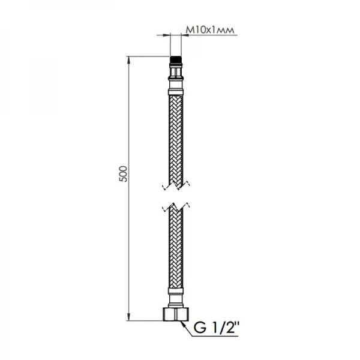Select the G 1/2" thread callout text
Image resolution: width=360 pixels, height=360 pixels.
[215, 329]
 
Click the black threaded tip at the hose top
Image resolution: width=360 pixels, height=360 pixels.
[175, 61]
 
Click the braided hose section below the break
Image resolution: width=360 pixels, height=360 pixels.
[175, 252]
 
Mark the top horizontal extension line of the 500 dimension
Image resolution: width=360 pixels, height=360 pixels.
[147, 57]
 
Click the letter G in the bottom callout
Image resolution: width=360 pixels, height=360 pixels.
[199, 329]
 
